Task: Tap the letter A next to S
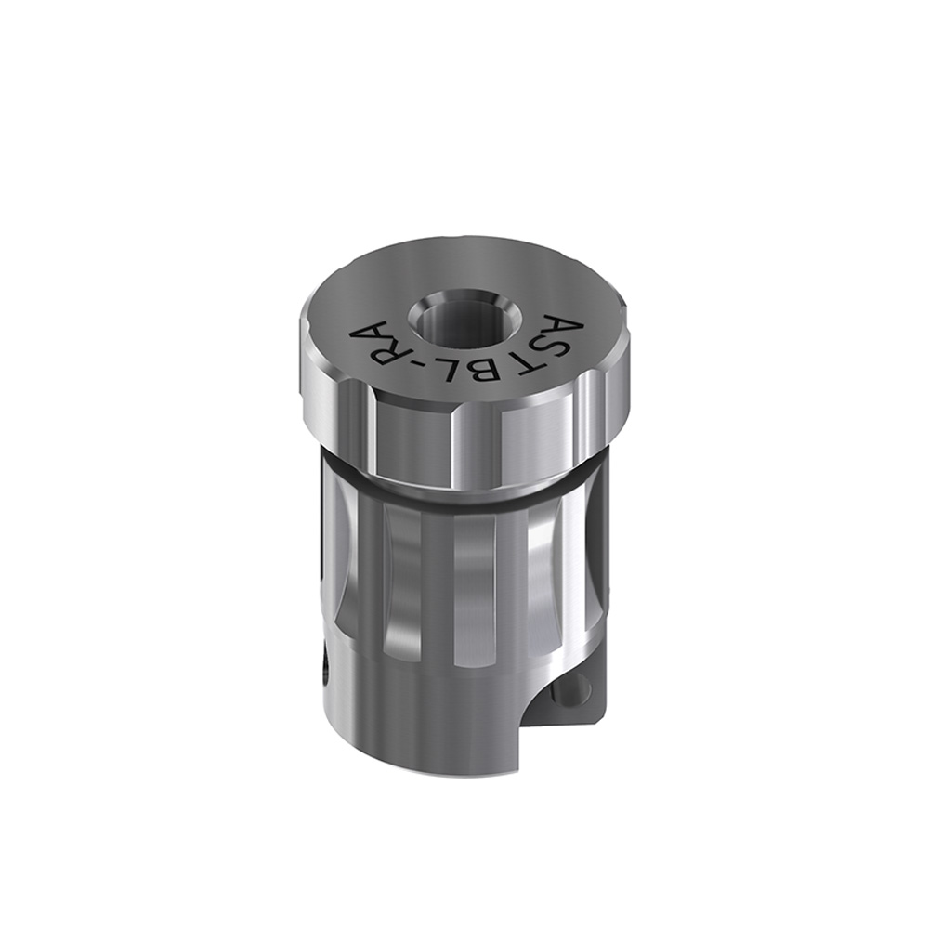tap(567, 326)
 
